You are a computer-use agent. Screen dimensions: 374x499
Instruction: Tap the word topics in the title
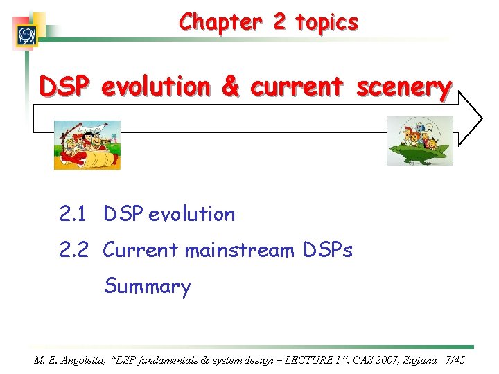point(326,23)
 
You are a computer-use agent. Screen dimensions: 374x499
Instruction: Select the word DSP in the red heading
point(64,87)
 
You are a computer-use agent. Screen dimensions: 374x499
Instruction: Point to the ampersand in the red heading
point(229,87)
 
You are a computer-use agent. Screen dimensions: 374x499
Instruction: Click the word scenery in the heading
point(404,88)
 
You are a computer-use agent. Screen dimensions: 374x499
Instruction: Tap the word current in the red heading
point(297,87)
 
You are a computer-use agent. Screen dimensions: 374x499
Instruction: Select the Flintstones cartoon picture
point(87,145)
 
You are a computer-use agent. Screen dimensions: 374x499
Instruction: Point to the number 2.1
point(73,215)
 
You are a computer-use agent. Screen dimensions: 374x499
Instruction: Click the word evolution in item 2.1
point(192,215)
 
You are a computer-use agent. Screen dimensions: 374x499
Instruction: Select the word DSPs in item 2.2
point(328,250)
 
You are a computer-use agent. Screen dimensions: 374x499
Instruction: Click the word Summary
point(147,286)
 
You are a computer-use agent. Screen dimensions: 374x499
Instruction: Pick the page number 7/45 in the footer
point(454,360)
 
